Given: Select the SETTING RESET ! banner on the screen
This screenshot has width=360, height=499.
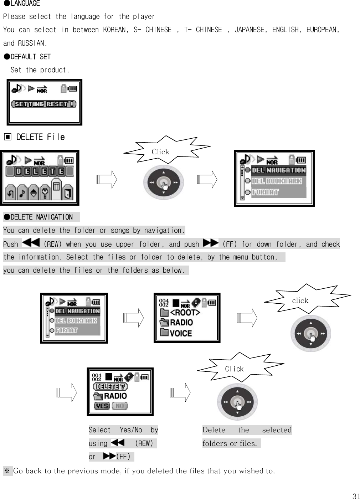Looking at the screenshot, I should pos(44,104).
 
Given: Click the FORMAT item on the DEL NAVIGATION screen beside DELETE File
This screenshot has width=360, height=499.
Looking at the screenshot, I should pos(265,192).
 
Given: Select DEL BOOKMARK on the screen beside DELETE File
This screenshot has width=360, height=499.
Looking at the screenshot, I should pos(277,181).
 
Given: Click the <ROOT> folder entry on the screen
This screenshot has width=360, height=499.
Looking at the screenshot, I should pos(185,313).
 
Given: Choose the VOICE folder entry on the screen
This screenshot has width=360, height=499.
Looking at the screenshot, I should pos(181,334).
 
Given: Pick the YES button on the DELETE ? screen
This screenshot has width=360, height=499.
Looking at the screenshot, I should pos(102,406).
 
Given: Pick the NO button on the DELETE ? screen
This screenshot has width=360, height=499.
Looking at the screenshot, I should pos(120,406).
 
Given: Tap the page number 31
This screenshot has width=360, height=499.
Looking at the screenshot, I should pos(356,496).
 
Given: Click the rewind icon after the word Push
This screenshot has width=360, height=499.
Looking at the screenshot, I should pos(31,243).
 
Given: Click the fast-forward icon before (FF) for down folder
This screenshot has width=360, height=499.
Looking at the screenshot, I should pos(210,243).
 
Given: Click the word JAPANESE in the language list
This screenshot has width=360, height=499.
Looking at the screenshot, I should pos(249,30).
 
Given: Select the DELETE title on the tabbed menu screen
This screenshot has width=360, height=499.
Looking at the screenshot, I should pos(40,171).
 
